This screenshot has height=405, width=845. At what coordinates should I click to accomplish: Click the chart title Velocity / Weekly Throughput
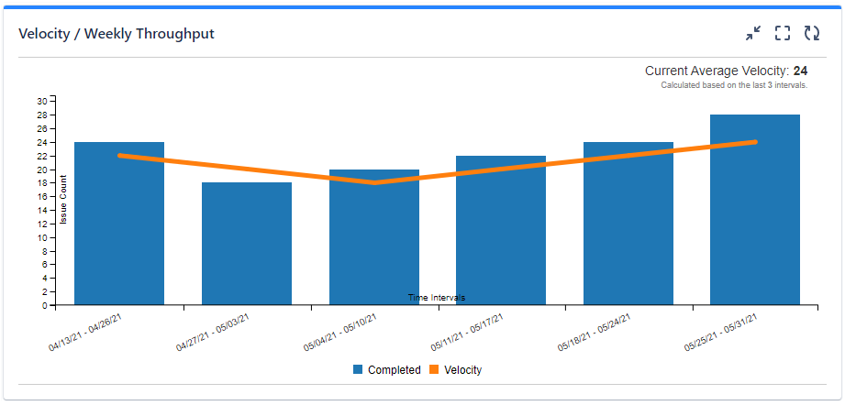(117, 34)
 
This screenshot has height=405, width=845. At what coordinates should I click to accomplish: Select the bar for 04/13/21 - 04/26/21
(119, 229)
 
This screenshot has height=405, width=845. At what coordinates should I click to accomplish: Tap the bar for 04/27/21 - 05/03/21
(247, 247)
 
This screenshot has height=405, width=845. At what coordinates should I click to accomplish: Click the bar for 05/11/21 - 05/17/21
(501, 234)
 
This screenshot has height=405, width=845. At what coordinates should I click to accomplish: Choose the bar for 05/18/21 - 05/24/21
(628, 229)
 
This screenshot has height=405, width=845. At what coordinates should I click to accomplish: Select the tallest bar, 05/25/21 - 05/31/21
(755, 211)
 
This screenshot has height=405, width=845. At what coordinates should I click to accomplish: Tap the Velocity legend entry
(455, 370)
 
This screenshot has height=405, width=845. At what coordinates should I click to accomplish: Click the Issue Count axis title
(64, 199)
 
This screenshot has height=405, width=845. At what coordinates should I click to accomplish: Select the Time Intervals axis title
(437, 298)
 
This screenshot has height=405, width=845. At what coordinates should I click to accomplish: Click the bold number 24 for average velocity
(800, 71)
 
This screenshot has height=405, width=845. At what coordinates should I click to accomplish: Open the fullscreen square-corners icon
(783, 34)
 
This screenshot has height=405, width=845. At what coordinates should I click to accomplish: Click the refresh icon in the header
(812, 34)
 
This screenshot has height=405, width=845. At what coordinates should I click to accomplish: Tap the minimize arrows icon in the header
(753, 34)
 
